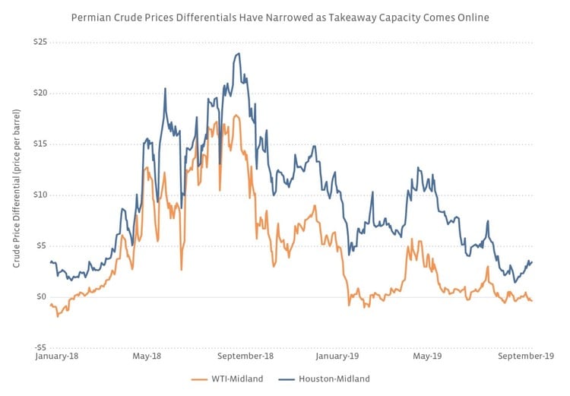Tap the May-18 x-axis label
pyautogui.click(x=147, y=355)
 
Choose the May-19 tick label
pyautogui.click(x=427, y=355)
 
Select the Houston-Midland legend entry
pyautogui.click(x=332, y=378)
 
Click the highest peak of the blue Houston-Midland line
pyautogui.click(x=239, y=53)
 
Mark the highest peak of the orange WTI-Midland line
pyautogui.click(x=236, y=116)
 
